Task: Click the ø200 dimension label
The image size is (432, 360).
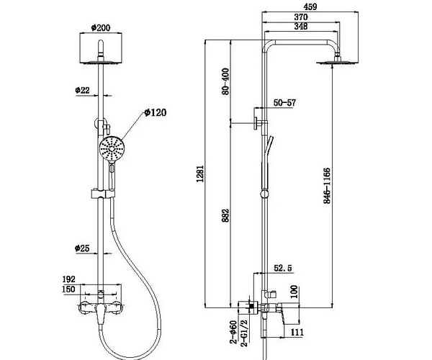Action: (101, 28)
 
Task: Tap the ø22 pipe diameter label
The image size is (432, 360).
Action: (82, 90)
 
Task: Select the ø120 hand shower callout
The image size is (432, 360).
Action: (156, 112)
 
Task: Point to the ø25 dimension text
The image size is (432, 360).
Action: (82, 248)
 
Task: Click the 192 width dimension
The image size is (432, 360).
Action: (68, 279)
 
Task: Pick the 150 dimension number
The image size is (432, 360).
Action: (68, 289)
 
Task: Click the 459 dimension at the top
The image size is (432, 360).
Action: (310, 6)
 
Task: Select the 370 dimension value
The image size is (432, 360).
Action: (301, 17)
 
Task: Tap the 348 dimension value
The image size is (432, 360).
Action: (301, 27)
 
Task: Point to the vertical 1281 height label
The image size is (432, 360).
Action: (200, 174)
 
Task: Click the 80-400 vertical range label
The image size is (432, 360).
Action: (225, 81)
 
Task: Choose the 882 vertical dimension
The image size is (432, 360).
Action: (225, 215)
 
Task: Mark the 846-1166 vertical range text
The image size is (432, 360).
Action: (327, 185)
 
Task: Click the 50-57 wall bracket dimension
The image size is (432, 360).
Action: (284, 103)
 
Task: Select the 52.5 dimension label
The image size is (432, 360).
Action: (283, 269)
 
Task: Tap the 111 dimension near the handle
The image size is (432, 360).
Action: (297, 332)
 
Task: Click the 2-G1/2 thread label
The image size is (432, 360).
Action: (244, 333)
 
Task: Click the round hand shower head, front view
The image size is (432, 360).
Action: (112, 149)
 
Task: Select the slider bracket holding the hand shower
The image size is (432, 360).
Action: (103, 194)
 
